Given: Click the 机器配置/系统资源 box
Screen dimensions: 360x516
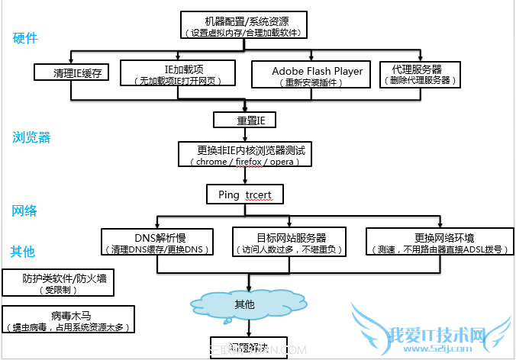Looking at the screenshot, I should (x=245, y=24).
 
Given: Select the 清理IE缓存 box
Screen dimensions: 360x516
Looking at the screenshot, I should (x=72, y=72).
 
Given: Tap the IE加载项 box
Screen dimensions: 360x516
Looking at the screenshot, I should (x=183, y=74).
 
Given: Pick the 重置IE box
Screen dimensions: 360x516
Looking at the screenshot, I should (x=244, y=120).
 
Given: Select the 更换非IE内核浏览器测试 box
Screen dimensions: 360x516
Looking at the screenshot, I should (x=243, y=154).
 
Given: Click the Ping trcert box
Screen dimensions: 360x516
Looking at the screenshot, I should (x=244, y=195).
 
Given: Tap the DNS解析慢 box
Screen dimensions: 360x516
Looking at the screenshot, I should (x=156, y=242).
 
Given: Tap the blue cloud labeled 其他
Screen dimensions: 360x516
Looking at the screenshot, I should (x=244, y=304).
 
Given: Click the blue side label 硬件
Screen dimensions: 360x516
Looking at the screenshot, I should (x=25, y=38).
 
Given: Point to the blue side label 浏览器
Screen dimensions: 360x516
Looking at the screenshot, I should (x=31, y=137).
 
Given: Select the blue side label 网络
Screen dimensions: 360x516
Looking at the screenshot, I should (x=25, y=211).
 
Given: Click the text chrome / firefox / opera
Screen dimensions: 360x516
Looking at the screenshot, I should (x=243, y=162).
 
